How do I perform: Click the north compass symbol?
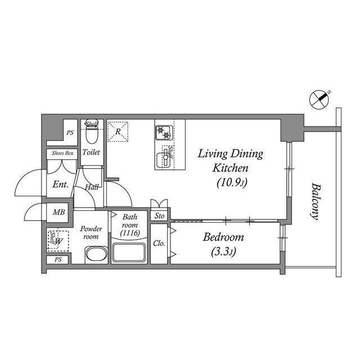pos(319,100)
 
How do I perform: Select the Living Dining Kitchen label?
pos(229,160)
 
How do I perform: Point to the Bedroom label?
pos(224,237)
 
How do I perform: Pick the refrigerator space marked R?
pos(118,132)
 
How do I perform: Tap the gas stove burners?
pos(164,134)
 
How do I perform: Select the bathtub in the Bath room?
pos(130,252)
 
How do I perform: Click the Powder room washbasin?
pos(96,255)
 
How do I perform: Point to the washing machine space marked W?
pos(57,241)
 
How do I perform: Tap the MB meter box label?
pos(58,213)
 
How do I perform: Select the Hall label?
pos(92,187)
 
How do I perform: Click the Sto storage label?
pos(160,215)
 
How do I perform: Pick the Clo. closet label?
pos(159,244)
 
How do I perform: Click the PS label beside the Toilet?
pos(70,133)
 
